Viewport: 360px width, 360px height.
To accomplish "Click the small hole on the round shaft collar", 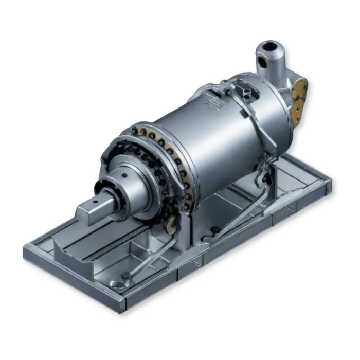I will (124, 176).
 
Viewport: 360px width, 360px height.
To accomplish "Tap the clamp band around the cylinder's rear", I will (257, 123).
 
